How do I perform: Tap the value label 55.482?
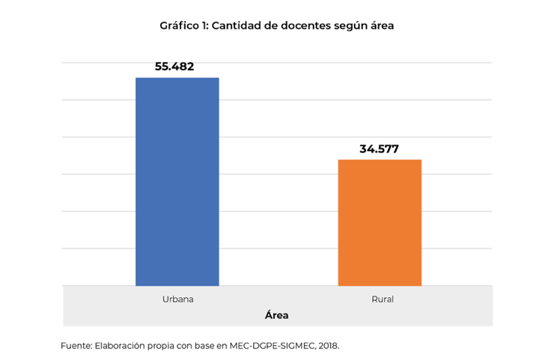click(174, 67)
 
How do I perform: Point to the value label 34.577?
click(379, 149)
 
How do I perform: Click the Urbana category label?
click(177, 299)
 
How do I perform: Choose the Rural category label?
click(382, 299)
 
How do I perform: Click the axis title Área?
click(276, 315)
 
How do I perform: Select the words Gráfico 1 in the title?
click(183, 25)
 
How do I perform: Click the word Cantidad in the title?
click(239, 25)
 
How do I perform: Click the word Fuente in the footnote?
click(75, 346)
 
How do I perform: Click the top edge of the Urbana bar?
click(177, 78)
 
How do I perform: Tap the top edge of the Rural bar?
click(380, 160)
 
